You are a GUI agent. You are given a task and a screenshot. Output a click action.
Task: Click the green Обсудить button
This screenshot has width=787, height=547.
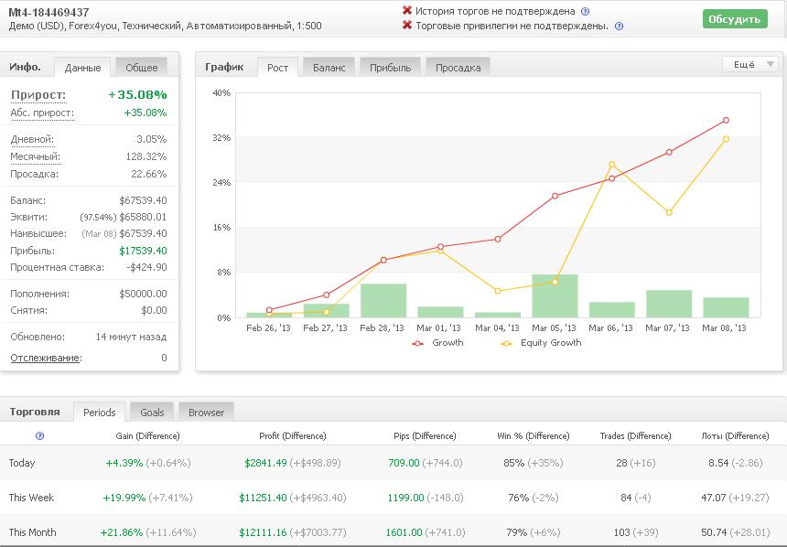pyautogui.click(x=735, y=19)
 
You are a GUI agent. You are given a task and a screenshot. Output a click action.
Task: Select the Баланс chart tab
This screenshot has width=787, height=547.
pyautogui.click(x=329, y=68)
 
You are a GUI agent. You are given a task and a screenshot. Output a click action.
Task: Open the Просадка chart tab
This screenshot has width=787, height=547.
pyautogui.click(x=458, y=68)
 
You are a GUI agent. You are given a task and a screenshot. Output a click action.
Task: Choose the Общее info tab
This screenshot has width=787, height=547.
pyautogui.click(x=141, y=68)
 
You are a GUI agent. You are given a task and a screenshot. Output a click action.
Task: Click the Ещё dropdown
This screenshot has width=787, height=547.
pyautogui.click(x=750, y=64)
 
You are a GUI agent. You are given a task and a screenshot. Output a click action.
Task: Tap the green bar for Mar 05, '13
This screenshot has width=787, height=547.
pyautogui.click(x=555, y=295)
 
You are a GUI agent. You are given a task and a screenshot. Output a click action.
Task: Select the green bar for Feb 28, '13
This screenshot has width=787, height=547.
pyautogui.click(x=383, y=301)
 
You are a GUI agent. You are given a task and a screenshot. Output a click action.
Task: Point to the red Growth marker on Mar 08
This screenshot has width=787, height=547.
pyautogui.click(x=726, y=121)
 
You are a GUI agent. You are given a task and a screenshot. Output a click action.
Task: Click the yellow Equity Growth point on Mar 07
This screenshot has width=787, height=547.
pyautogui.click(x=669, y=213)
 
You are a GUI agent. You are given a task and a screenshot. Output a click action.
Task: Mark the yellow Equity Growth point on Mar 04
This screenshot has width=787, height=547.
pyautogui.click(x=498, y=291)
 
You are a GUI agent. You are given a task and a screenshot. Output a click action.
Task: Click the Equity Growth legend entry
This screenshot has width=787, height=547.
pyautogui.click(x=541, y=343)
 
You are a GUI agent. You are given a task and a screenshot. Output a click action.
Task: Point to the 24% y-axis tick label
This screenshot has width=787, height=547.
pyautogui.click(x=221, y=183)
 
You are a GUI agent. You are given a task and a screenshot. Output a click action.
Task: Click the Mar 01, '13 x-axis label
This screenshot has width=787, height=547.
pyautogui.click(x=438, y=328)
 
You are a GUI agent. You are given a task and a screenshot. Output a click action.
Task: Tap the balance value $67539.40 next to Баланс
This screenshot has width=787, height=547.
pyautogui.click(x=143, y=200)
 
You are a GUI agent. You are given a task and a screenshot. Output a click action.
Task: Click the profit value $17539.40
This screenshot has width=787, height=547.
pyautogui.click(x=143, y=251)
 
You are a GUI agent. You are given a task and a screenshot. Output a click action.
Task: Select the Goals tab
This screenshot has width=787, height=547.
pyautogui.click(x=152, y=412)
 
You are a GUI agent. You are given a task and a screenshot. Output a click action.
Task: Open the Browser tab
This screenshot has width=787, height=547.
pyautogui.click(x=206, y=412)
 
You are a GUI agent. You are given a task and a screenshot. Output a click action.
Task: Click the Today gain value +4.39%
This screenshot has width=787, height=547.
pyautogui.click(x=124, y=463)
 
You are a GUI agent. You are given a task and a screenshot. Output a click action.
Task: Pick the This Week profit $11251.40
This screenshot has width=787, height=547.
pyautogui.click(x=263, y=498)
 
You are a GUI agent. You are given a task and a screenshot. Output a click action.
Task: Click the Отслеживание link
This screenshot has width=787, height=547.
pyautogui.click(x=46, y=359)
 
